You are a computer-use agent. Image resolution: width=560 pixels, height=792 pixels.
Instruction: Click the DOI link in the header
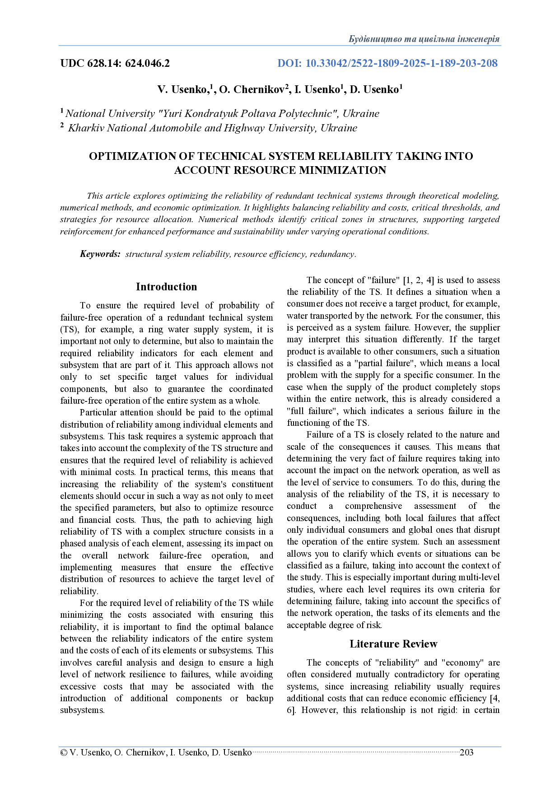387,63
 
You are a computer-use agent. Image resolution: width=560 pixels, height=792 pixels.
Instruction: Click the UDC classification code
115,63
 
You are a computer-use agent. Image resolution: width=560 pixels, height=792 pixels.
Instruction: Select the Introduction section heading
166,287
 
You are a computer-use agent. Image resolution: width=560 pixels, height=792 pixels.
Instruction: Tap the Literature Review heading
393,644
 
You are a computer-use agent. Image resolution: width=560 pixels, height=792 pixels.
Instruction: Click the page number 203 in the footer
466,752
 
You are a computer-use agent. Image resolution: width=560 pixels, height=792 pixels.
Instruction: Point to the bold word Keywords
100,254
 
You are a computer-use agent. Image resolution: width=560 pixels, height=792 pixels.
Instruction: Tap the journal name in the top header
424,39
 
